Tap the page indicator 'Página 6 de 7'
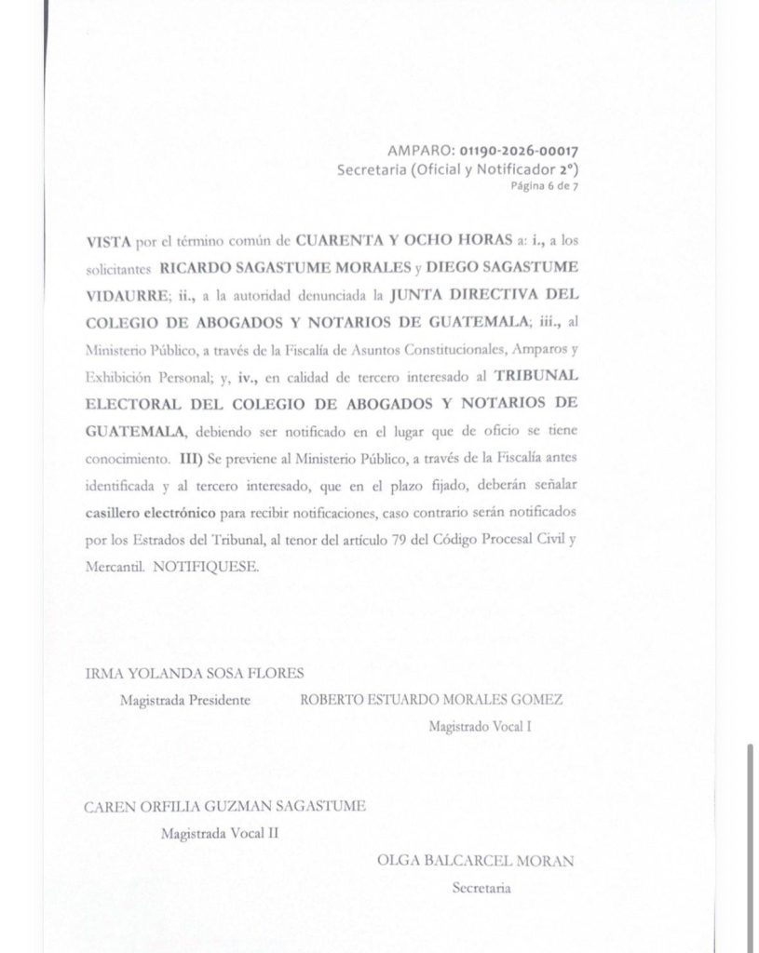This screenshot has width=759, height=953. (x=551, y=185)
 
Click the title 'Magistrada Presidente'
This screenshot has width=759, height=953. (x=184, y=700)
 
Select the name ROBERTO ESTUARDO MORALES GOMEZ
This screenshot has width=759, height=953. (x=432, y=700)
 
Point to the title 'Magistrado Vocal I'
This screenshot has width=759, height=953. (x=480, y=726)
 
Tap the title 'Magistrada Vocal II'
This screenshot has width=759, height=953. (x=219, y=833)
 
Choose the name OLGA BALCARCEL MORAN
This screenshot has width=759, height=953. (x=475, y=861)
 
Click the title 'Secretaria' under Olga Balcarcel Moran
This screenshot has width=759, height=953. (x=481, y=888)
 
